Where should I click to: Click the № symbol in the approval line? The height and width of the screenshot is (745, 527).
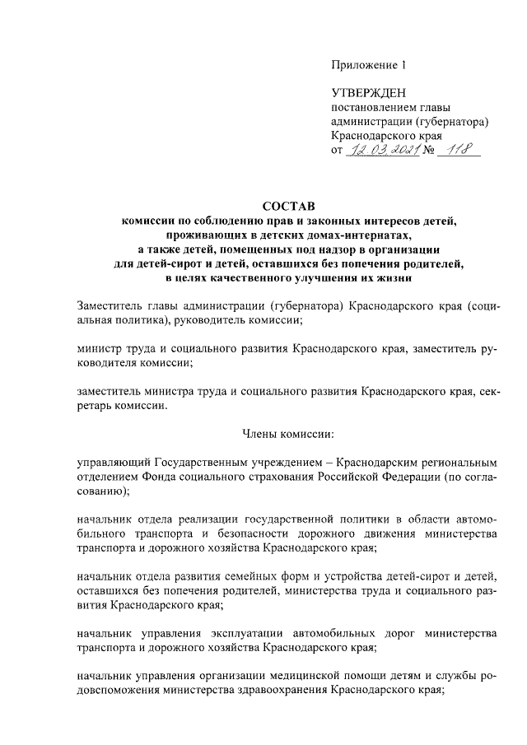click(x=428, y=150)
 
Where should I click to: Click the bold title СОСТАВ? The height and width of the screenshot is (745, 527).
click(x=288, y=206)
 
